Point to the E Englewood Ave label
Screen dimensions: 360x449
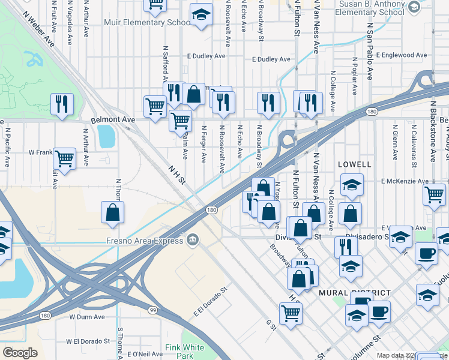click(x=397, y=55)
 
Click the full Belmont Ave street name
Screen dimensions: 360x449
click(x=113, y=120)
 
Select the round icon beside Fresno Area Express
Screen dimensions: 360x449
click(x=193, y=241)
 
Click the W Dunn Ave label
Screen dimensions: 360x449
click(x=87, y=317)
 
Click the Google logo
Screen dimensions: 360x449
click(x=20, y=353)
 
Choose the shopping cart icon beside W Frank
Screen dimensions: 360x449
click(x=64, y=159)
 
